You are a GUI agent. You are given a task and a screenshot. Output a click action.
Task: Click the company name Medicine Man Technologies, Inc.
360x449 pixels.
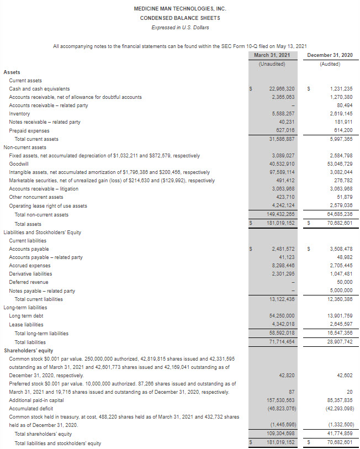180,9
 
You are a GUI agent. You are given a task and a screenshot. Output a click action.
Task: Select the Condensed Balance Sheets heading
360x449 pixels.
180,18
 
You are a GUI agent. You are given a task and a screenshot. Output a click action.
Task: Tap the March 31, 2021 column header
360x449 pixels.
272,55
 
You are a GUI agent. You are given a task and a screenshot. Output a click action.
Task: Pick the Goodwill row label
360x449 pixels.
19,165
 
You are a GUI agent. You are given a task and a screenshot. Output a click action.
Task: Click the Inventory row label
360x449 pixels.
19,114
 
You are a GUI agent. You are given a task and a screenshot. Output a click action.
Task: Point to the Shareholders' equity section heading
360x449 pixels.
28,350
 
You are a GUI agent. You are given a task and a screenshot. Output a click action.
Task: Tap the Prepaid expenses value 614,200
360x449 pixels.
341,131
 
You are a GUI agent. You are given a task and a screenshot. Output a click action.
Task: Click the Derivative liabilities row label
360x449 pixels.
30,274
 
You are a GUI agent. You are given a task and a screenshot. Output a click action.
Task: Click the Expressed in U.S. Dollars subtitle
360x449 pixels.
180,28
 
